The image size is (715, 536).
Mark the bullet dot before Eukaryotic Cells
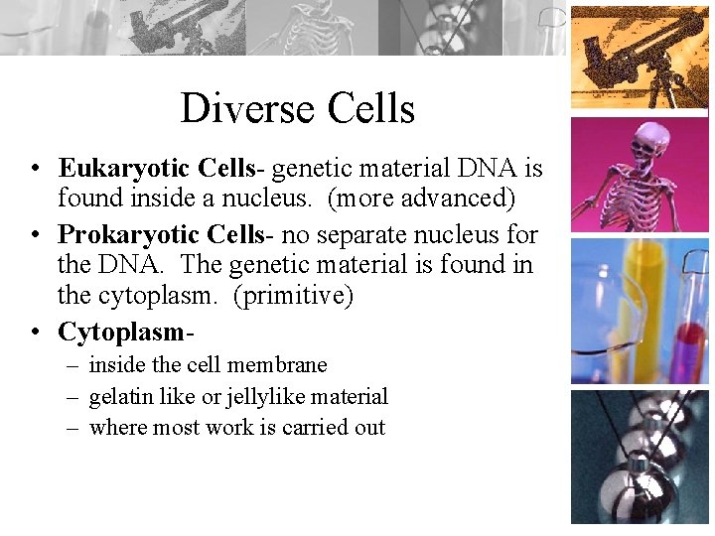click(x=35, y=169)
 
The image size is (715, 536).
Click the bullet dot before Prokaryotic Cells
click(x=35, y=236)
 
